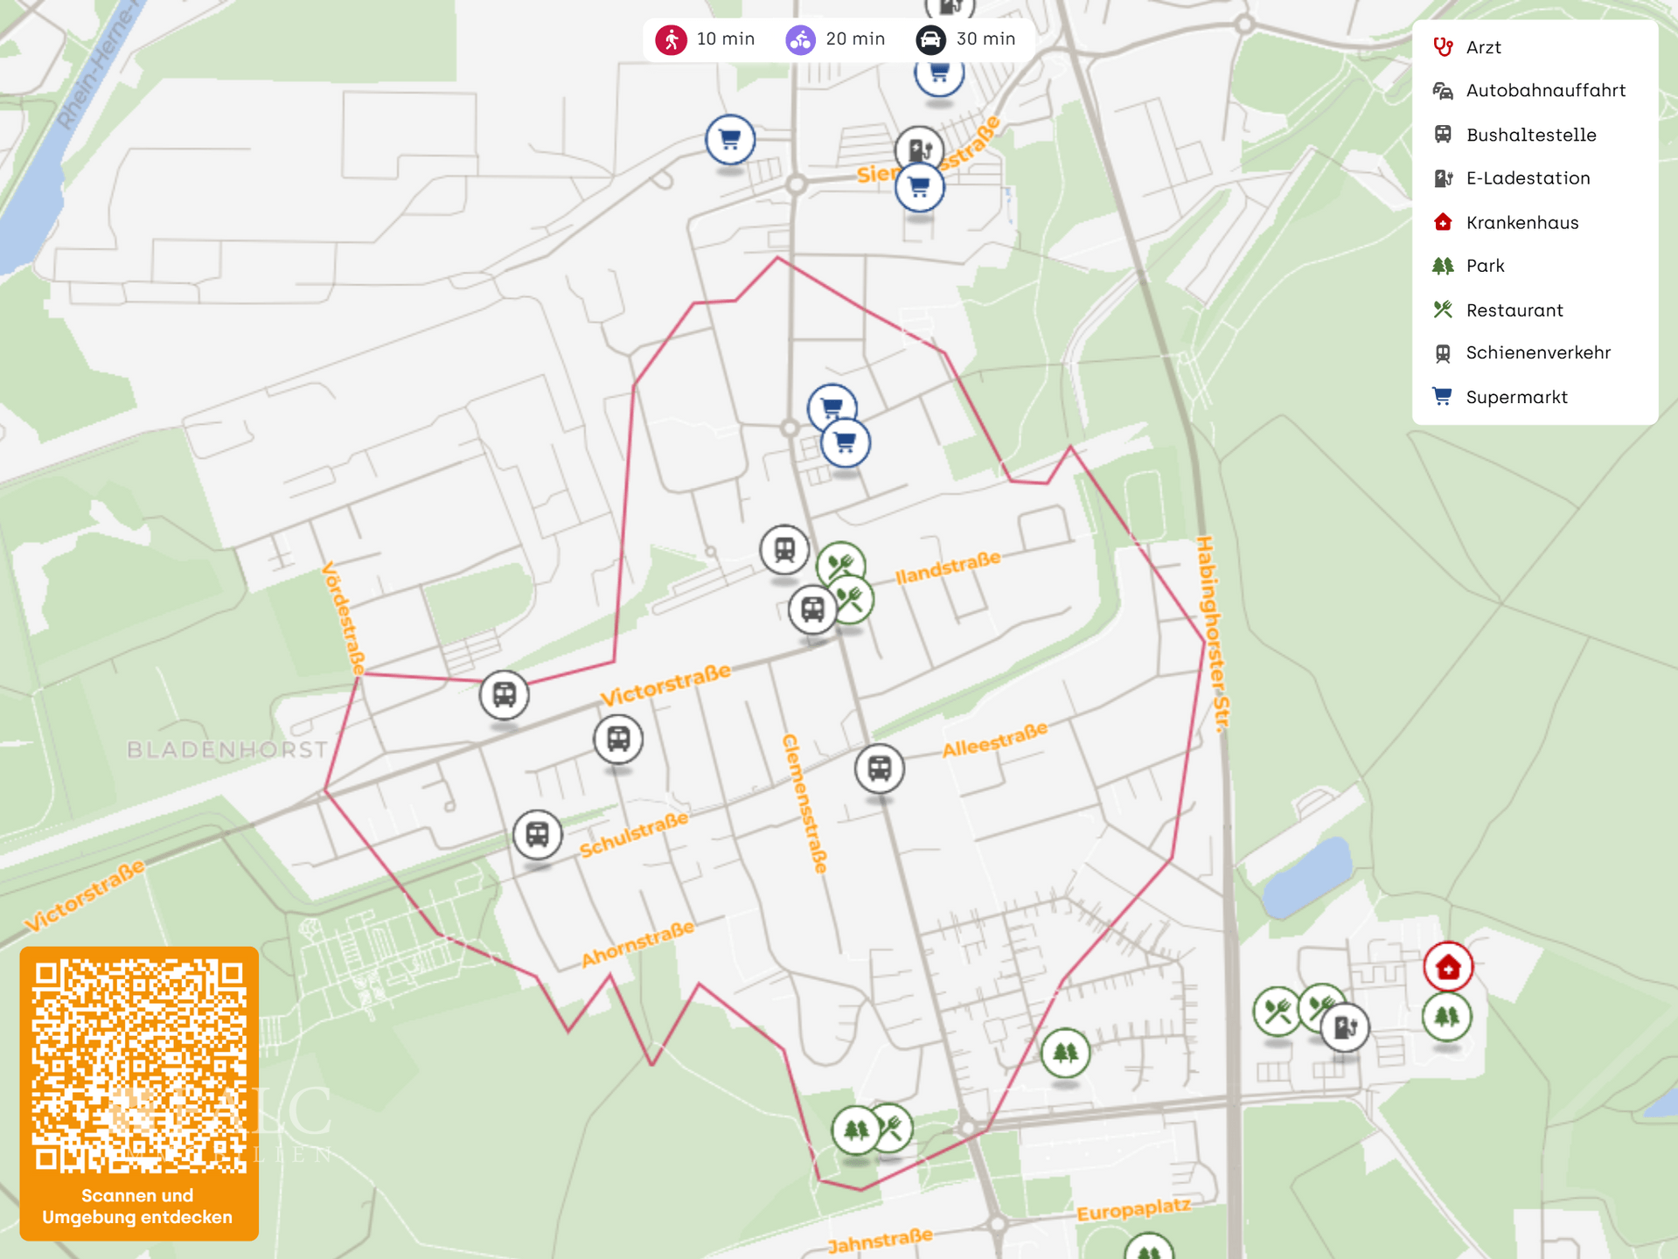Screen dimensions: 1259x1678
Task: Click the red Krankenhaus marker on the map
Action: pos(1448,967)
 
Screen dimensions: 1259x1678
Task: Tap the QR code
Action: pos(139,1066)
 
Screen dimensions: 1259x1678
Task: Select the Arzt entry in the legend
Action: pos(1483,47)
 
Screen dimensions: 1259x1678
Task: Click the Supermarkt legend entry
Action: pos(1516,397)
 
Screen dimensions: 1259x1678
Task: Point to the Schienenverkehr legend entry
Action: pos(1537,352)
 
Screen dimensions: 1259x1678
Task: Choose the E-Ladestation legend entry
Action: pos(1528,178)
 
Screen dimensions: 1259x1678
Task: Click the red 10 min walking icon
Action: pos(672,39)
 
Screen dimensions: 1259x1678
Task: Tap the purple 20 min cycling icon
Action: pos(800,39)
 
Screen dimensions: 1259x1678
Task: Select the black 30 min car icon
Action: pos(930,39)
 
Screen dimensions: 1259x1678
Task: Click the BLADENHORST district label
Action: pos(227,749)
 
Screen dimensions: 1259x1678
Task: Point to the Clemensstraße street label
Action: pos(804,803)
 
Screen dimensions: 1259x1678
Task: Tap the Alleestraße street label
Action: pos(994,740)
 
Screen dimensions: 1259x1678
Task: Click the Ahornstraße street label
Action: pos(638,943)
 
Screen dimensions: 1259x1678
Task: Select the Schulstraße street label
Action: pos(634,834)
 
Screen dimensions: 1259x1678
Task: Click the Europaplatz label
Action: pos(1133,1211)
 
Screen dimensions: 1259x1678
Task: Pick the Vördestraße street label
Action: pos(344,618)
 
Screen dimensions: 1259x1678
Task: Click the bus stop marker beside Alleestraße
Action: pos(879,769)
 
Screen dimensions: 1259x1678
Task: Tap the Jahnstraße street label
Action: pos(880,1240)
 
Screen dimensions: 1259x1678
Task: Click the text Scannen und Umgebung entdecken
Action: pos(138,1207)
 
